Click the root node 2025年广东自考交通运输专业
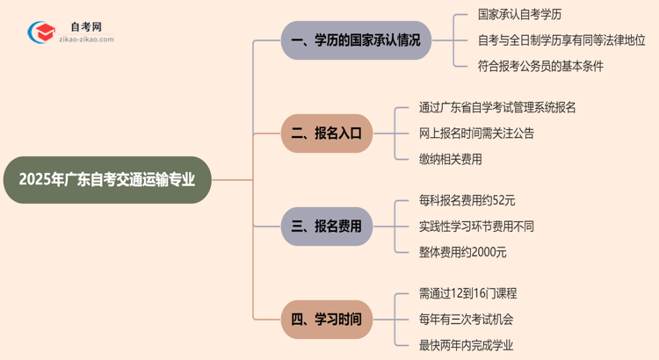click(x=106, y=180)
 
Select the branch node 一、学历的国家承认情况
click(x=356, y=40)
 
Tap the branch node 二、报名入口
click(x=326, y=133)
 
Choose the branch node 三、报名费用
click(x=326, y=227)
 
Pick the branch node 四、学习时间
click(x=326, y=320)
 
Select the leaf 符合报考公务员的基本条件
click(x=540, y=66)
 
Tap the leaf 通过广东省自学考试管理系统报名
click(x=497, y=108)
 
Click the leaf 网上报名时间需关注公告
click(x=476, y=133)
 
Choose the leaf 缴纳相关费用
click(x=451, y=159)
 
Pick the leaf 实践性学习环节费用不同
click(x=476, y=227)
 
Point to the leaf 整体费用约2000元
click(x=463, y=252)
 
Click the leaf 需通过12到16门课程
click(x=467, y=294)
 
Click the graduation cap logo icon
click(x=41, y=32)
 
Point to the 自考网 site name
click(x=85, y=27)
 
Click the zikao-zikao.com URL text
click(x=86, y=40)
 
